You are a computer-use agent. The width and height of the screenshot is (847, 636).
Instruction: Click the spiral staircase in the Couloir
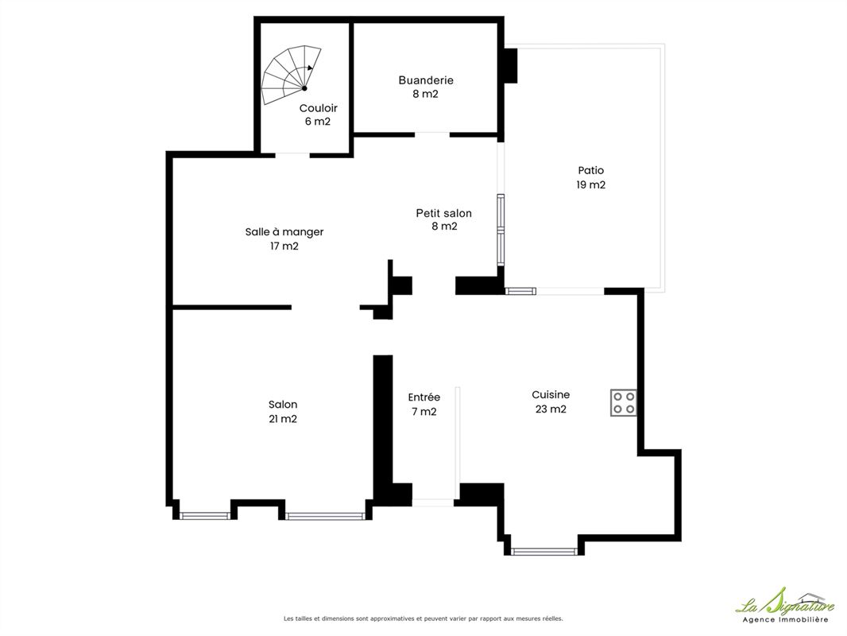click(290, 76)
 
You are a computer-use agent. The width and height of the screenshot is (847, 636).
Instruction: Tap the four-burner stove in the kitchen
click(624, 402)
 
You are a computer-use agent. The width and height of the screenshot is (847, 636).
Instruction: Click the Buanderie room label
click(426, 80)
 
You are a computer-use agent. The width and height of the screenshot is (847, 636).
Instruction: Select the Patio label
click(591, 171)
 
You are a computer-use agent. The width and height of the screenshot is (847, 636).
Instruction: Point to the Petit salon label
click(443, 213)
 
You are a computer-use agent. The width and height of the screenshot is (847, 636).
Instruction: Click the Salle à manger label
click(284, 232)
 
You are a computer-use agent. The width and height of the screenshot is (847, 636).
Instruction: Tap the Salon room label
click(283, 404)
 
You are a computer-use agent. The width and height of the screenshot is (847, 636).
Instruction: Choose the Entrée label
click(424, 397)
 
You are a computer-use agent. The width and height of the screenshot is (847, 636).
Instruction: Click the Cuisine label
click(551, 395)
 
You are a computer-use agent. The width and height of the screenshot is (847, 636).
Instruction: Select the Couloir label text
click(318, 108)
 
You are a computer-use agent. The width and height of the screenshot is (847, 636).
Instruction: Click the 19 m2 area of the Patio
click(591, 184)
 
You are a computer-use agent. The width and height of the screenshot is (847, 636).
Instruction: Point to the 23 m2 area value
click(551, 409)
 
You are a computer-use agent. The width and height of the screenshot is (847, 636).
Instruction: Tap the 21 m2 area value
click(283, 419)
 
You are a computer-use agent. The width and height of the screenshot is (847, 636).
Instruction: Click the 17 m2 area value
click(284, 246)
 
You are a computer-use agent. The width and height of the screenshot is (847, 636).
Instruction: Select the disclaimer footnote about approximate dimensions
click(423, 619)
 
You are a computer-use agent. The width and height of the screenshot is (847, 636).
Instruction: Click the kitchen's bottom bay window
click(544, 552)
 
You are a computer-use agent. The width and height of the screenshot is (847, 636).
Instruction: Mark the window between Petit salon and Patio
click(501, 230)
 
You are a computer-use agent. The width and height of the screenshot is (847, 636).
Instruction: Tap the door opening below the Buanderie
click(432, 134)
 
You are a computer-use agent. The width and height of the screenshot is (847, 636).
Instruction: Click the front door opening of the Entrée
click(433, 502)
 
